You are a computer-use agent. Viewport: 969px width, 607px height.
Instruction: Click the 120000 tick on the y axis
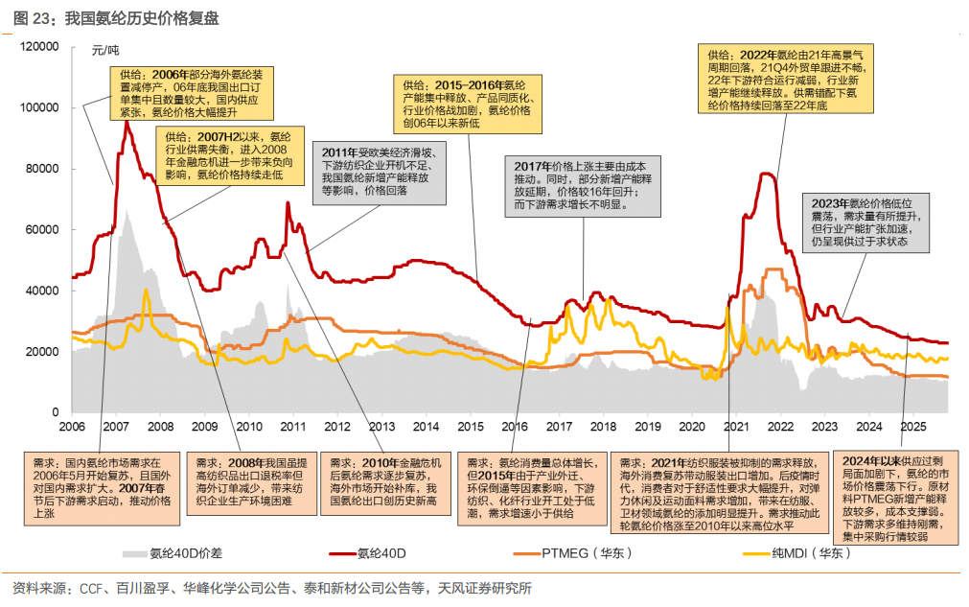pyautogui.click(x=40, y=46)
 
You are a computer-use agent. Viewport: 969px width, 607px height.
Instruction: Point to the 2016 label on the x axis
pyautogui.click(x=514, y=426)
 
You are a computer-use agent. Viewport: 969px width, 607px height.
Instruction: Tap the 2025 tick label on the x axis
pyautogui.click(x=911, y=426)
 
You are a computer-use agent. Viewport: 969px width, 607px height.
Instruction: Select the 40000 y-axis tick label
pyautogui.click(x=44, y=291)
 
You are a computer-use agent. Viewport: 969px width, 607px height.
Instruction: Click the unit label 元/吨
pyautogui.click(x=105, y=50)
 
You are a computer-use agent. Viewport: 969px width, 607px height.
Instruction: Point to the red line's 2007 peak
pyautogui.click(x=126, y=123)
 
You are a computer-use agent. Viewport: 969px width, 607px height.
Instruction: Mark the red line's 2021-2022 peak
pyautogui.click(x=767, y=174)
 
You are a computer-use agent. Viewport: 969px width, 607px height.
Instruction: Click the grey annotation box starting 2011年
pyautogui.click(x=379, y=172)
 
